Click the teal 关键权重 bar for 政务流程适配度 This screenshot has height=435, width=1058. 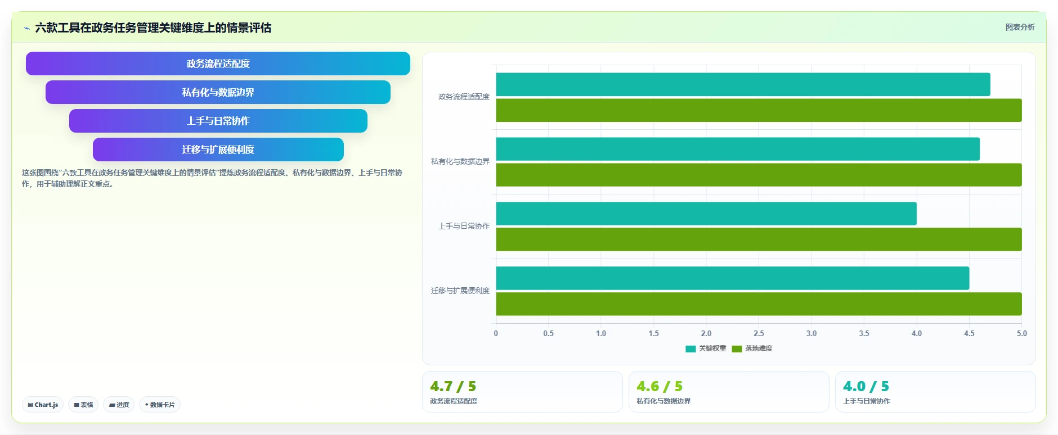743,84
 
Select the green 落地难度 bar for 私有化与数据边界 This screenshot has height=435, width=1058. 759,175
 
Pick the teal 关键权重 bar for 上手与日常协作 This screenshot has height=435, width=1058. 706,214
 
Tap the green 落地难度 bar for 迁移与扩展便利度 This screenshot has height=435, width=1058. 759,304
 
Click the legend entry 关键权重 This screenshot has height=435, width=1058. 706,348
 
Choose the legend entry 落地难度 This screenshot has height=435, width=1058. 752,348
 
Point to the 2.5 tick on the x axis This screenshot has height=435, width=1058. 759,333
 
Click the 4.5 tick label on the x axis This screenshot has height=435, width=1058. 969,333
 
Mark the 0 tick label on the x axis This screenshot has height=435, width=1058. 496,333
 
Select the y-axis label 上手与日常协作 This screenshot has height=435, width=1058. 464,226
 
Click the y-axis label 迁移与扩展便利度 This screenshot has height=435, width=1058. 460,291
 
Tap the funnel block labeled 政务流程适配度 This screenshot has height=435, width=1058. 218,64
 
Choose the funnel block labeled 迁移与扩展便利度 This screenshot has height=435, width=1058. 218,149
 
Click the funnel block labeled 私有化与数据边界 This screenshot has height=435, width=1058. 218,92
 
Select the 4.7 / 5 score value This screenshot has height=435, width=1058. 453,387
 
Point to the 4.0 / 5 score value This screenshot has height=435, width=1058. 866,387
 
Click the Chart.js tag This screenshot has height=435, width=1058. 43,405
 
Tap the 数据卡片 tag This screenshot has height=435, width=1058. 160,405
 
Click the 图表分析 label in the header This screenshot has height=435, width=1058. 1020,27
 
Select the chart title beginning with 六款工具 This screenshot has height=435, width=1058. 153,28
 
